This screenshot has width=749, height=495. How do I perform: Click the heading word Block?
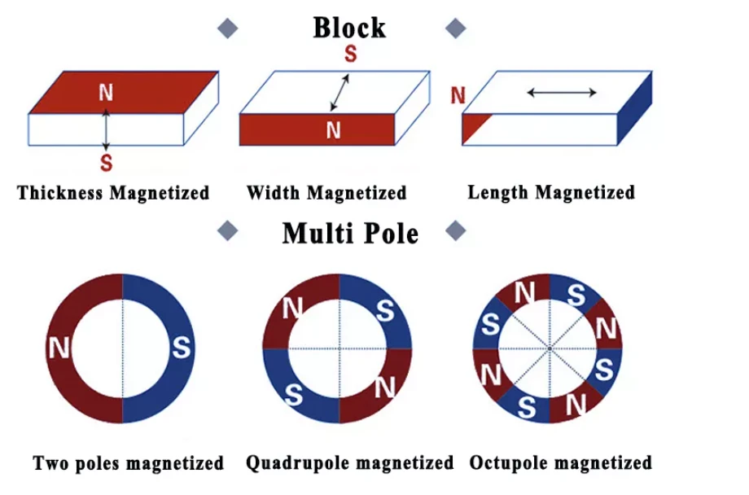click(349, 28)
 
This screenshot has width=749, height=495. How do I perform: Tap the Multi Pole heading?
click(350, 234)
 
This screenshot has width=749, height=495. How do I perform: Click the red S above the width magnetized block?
click(351, 54)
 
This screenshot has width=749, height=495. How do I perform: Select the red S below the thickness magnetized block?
click(107, 163)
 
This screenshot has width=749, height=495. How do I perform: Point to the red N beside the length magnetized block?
click(458, 95)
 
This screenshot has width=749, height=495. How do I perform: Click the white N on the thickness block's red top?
click(106, 92)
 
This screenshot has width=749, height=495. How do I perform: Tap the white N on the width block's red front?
click(334, 130)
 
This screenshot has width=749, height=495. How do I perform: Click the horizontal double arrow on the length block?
click(562, 93)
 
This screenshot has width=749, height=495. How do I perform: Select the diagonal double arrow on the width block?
click(339, 93)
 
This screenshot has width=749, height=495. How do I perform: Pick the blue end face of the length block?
click(635, 108)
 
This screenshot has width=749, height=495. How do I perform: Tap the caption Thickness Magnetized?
click(113, 193)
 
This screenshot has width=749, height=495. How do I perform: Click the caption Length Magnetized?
click(551, 193)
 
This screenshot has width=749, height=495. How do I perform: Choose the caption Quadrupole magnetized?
click(349, 463)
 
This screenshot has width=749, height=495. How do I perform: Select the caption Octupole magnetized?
click(561, 463)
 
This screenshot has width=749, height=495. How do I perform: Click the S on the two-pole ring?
click(182, 348)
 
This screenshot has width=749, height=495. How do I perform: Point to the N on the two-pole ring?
click(59, 348)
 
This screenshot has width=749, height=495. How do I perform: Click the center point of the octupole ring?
click(550, 348)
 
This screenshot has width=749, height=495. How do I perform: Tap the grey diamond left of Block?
click(228, 28)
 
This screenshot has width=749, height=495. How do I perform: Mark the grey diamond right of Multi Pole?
click(456, 231)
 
